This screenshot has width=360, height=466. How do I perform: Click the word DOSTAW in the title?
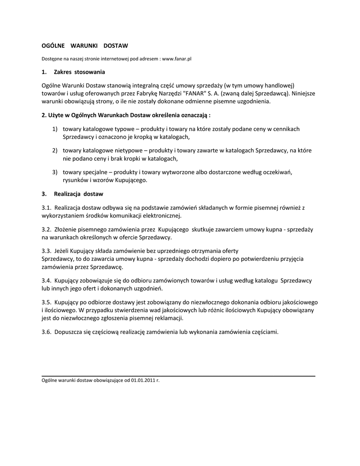point(116,46)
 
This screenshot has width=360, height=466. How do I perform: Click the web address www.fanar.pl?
point(177,59)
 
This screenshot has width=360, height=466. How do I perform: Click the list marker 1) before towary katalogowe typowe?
point(55,129)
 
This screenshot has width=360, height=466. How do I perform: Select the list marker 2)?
point(55,150)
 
